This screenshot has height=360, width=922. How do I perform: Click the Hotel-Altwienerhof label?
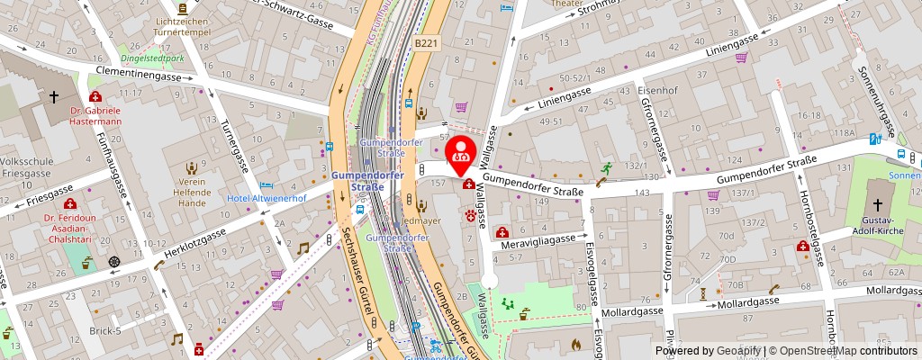pyautogui.click(x=267, y=198)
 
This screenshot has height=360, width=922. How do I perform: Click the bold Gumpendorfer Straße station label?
pyautogui.click(x=357, y=180)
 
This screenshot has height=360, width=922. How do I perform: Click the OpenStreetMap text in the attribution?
pyautogui.click(x=818, y=351)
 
